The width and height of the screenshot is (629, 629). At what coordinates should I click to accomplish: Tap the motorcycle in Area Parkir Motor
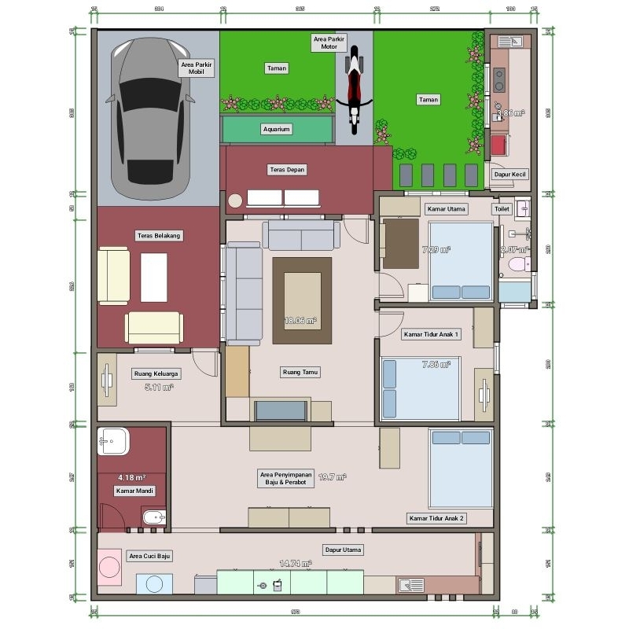click(x=354, y=86)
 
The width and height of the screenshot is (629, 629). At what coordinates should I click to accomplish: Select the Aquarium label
click(x=276, y=129)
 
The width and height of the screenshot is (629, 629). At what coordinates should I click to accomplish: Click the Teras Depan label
click(x=286, y=169)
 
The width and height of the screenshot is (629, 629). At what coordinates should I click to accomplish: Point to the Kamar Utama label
click(x=447, y=209)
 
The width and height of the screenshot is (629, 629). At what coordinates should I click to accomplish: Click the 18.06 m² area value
click(x=300, y=321)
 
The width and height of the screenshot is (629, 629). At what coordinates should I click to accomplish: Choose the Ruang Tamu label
click(x=300, y=372)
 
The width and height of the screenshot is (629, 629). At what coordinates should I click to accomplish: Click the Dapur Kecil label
click(x=509, y=175)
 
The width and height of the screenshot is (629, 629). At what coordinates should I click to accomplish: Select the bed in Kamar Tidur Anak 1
click(x=420, y=388)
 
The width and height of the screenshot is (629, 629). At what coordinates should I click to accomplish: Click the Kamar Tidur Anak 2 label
click(x=436, y=518)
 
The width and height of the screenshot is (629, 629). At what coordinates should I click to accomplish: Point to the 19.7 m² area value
click(x=332, y=476)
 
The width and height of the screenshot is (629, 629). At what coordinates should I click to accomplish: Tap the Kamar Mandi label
click(x=134, y=491)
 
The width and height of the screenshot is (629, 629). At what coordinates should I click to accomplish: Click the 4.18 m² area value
click(x=131, y=477)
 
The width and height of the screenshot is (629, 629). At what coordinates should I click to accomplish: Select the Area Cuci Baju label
click(x=149, y=556)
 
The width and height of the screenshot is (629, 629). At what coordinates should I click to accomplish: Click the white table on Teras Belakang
click(x=154, y=277)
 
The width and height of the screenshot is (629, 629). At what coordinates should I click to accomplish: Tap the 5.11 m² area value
click(x=159, y=387)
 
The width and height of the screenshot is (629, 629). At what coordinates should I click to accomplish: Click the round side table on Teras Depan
click(x=236, y=200)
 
